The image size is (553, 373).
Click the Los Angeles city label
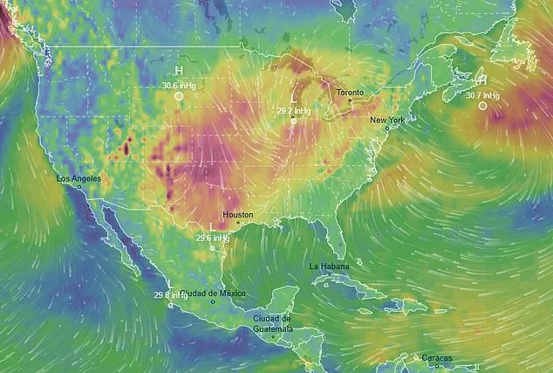(79, 178)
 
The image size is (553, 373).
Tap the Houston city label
(238, 214)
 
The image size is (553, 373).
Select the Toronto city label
(352, 92)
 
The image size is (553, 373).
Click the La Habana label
(328, 265)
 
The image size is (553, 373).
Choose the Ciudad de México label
(214, 294)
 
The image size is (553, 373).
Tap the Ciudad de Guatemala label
(272, 323)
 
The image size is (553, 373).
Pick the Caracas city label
(426, 357)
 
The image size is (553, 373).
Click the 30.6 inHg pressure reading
(178, 85)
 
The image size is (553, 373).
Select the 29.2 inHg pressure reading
(293, 111)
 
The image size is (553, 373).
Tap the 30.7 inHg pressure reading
(482, 94)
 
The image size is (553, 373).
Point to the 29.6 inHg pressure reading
(212, 237)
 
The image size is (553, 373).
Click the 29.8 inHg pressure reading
(171, 295)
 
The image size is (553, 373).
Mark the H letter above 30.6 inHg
(178, 71)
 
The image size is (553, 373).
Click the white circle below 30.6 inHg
(178, 98)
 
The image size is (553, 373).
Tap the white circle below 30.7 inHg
(482, 106)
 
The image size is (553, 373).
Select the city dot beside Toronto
(352, 101)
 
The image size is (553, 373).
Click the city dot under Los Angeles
(79, 187)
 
